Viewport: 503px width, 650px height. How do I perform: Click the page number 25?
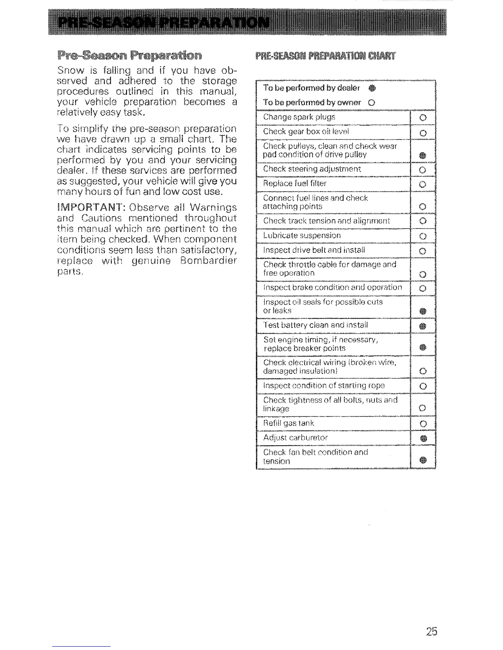(431, 631)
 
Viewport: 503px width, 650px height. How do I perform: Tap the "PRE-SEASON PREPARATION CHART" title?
(325, 56)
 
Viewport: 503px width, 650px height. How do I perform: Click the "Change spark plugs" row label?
(299, 117)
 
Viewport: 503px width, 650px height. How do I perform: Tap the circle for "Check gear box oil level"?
(423, 133)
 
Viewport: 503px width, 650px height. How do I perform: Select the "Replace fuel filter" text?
(295, 183)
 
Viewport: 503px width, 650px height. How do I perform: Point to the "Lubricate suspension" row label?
(302, 236)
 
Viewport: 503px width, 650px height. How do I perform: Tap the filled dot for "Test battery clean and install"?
(423, 327)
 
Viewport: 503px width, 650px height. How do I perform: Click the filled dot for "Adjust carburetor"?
(423, 439)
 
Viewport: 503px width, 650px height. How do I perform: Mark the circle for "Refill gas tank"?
(423, 424)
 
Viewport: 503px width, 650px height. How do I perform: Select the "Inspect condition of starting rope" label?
(324, 386)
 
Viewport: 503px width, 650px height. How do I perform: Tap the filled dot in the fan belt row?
(423, 461)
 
